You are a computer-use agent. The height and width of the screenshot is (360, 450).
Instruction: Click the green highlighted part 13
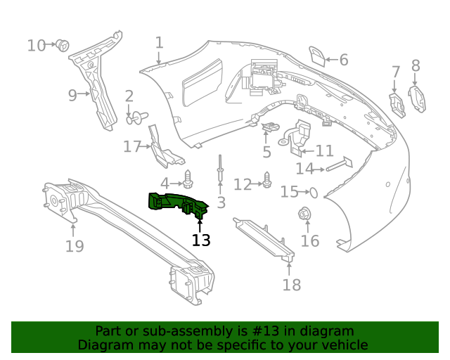(178, 204)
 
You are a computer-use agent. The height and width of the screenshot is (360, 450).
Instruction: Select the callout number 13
(201, 240)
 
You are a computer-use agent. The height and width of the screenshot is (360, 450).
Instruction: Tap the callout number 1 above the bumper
(160, 43)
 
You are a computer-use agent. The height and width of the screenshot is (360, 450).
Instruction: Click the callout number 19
(75, 246)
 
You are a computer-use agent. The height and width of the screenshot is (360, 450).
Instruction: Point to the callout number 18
(291, 284)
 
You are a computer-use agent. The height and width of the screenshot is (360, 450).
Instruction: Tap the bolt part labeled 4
(188, 176)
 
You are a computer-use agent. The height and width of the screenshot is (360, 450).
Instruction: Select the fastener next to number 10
(63, 46)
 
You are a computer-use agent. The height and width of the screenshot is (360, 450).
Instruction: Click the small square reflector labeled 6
(317, 56)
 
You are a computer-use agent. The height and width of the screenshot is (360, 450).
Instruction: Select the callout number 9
(72, 95)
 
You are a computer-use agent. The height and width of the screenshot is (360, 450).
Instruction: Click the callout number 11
(325, 151)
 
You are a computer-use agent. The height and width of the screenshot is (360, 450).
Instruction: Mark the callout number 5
(267, 153)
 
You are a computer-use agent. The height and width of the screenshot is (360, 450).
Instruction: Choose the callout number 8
(416, 66)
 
